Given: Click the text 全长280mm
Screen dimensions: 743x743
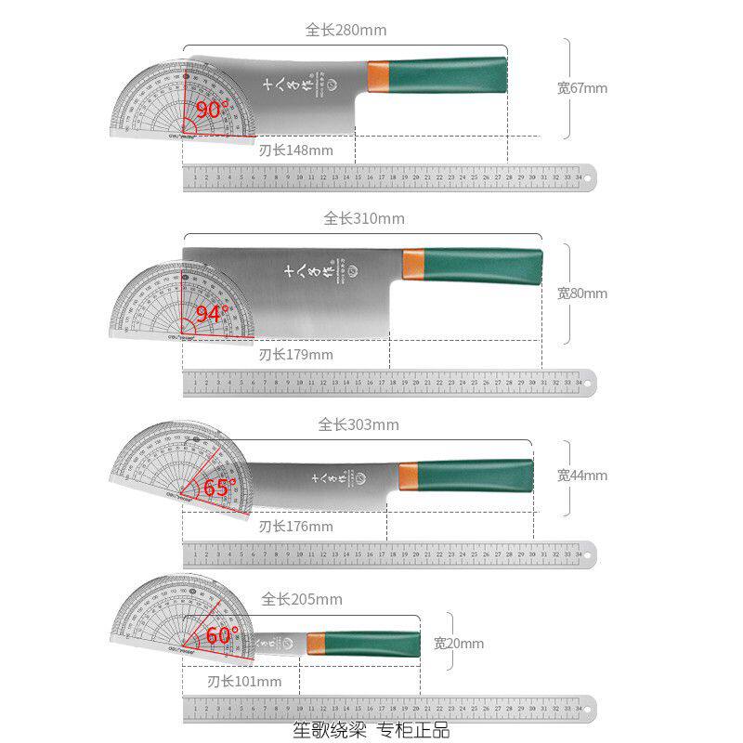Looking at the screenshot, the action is tap(345, 30).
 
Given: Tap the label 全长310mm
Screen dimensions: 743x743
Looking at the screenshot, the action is tap(364, 219).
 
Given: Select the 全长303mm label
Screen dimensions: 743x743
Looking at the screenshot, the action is tap(358, 424).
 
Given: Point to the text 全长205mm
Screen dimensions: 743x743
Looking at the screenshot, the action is tap(302, 599).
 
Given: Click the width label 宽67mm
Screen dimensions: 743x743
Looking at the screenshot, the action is tap(582, 88).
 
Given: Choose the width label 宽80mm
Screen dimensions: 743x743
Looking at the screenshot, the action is tap(582, 293).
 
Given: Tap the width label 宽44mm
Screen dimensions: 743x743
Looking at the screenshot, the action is tap(582, 476).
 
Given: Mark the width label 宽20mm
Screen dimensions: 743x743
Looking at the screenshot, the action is tap(459, 643).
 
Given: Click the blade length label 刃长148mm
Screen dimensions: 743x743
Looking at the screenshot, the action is tap(295, 150).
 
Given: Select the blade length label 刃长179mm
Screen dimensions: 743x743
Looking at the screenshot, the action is tap(295, 354).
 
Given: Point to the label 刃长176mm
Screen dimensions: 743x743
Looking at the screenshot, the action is tap(295, 527).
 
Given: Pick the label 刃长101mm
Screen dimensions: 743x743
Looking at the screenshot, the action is tap(244, 682).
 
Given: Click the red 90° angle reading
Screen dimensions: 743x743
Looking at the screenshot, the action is tap(213, 110).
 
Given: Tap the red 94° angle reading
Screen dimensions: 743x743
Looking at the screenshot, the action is tap(213, 314).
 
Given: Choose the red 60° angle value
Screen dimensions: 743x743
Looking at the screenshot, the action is tap(223, 635).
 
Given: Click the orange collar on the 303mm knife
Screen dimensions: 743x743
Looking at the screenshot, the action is tap(408, 475).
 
